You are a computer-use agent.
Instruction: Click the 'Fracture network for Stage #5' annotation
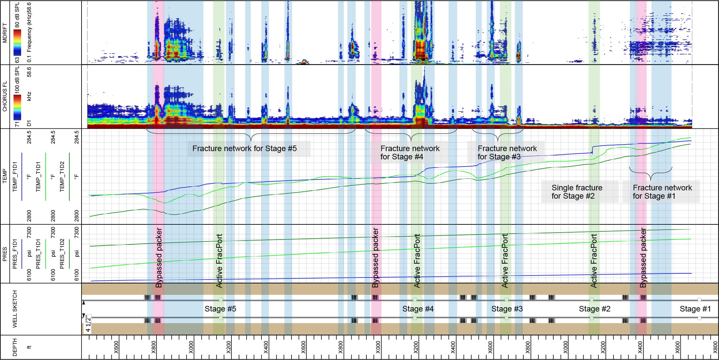pyautogui.click(x=245, y=148)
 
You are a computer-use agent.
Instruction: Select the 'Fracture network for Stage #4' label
pyautogui.click(x=410, y=152)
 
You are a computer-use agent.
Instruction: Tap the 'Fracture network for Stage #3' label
pyautogui.click(x=507, y=152)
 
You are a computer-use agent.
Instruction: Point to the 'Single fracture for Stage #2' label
pyautogui.click(x=577, y=192)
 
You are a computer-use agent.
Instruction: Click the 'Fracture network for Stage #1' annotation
pyautogui.click(x=662, y=192)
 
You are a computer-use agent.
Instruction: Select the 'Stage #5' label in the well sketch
pyautogui.click(x=220, y=309)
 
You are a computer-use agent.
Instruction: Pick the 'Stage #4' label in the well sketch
pyautogui.click(x=418, y=309)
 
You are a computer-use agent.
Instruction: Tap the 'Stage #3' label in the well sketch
pyautogui.click(x=507, y=309)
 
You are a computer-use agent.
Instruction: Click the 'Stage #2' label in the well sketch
pyautogui.click(x=595, y=309)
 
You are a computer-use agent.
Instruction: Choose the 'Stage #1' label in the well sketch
pyautogui.click(x=695, y=309)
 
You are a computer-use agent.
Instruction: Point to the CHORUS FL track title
pyautogui.click(x=5, y=96)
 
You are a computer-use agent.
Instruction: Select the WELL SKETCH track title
pyautogui.click(x=15, y=309)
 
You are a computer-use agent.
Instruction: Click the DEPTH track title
pyautogui.click(x=15, y=347)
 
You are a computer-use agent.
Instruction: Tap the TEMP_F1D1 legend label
pyautogui.click(x=15, y=177)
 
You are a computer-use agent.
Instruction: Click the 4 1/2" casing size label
pyautogui.click(x=88, y=324)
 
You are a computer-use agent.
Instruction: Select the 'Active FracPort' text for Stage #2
pyautogui.click(x=594, y=261)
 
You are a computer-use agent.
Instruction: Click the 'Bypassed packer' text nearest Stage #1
pyautogui.click(x=643, y=257)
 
